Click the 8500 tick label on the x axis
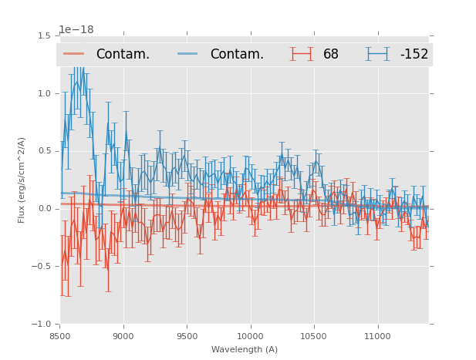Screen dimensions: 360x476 point(60,336)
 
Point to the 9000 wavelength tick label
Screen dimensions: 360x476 point(123,336)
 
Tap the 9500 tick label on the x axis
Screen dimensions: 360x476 point(187,336)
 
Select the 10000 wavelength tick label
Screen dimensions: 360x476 point(250,336)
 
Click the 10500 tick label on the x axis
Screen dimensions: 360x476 point(314,336)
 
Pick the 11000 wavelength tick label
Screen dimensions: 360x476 point(377,336)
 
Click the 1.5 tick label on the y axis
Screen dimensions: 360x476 point(44,36)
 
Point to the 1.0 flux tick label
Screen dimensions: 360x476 point(44,94)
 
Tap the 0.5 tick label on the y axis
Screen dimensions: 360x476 point(44,151)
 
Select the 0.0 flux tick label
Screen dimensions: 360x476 point(44,209)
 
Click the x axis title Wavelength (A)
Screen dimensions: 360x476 point(245,349)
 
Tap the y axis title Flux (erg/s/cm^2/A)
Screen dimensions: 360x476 point(22,180)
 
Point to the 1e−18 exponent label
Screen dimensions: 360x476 point(76,30)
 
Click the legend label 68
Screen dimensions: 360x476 point(331,55)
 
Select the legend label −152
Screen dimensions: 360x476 point(414,55)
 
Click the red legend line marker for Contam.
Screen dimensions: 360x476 point(74,54)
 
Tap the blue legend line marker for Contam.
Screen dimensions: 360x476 point(188,54)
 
